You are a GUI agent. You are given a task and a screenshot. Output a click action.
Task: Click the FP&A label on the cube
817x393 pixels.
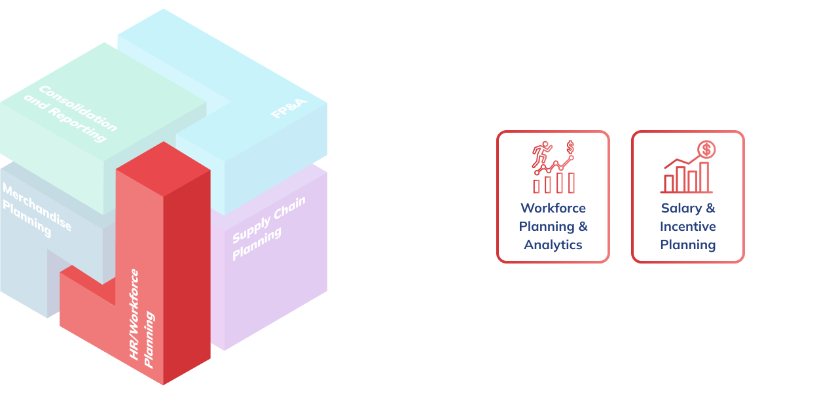[x=289, y=108]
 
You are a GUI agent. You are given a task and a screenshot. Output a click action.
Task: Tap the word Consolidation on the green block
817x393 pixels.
[x=78, y=108]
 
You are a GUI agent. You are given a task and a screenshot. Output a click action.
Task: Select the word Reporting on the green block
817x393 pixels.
[x=78, y=124]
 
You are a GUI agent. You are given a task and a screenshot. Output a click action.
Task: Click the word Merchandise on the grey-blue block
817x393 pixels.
[x=37, y=207]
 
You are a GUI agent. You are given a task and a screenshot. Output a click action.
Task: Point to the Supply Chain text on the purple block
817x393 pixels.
[x=269, y=220]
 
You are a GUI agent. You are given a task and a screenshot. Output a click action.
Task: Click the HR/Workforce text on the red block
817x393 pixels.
[x=134, y=315]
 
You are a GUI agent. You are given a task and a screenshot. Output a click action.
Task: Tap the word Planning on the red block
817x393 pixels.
[x=149, y=339]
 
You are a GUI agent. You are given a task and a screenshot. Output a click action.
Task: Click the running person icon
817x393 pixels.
[x=541, y=153]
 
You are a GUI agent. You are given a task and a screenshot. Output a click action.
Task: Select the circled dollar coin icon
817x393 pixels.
[x=706, y=149]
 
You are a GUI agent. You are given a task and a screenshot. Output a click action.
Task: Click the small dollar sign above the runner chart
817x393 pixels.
[x=570, y=147]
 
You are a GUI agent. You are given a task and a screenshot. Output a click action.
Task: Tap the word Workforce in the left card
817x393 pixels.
[x=553, y=208]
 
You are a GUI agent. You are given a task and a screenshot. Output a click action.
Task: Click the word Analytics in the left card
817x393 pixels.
[x=553, y=245]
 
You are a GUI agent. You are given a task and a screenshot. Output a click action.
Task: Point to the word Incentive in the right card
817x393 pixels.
[x=688, y=226]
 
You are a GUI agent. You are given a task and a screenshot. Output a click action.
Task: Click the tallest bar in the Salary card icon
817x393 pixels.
[x=704, y=177]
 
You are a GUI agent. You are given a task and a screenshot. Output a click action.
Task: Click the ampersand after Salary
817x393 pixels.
[x=710, y=208]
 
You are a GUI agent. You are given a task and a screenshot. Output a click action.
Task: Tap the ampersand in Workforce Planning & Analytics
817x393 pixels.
[x=583, y=226]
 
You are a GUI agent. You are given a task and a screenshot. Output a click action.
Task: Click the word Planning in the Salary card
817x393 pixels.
[x=688, y=245]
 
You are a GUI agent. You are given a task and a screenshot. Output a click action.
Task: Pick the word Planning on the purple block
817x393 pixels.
[x=257, y=243]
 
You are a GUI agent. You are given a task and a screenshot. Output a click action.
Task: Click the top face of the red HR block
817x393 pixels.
[x=163, y=169]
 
